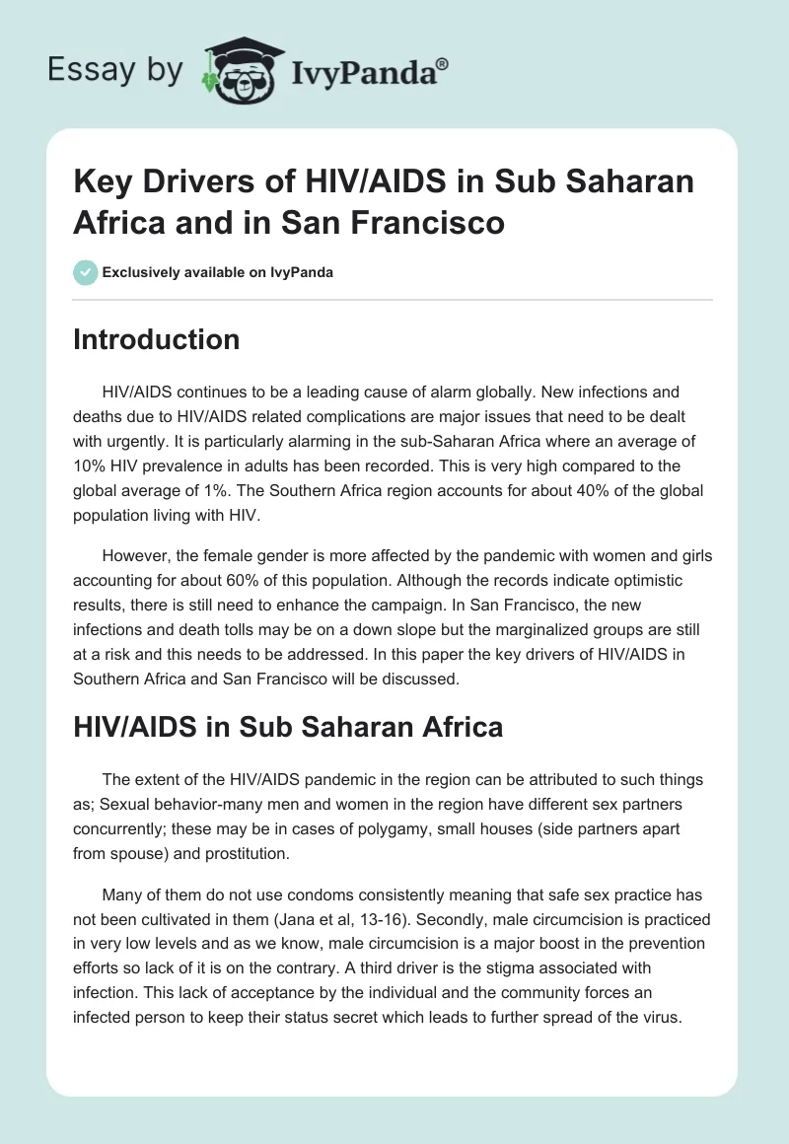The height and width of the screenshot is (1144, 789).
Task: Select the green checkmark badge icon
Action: pyautogui.click(x=86, y=272)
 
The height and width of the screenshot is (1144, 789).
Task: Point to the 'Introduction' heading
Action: pyautogui.click(x=157, y=340)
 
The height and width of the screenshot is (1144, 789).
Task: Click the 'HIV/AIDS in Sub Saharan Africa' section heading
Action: pyautogui.click(x=288, y=728)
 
